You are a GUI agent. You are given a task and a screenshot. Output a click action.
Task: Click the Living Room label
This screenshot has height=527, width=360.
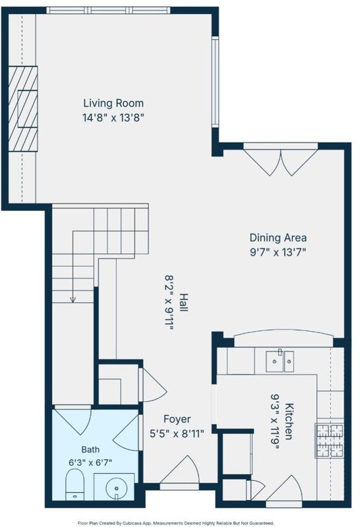113,103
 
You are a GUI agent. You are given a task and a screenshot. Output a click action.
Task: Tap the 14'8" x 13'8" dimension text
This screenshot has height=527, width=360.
113,118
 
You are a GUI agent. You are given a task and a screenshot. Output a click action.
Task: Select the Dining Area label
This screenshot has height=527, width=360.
278,238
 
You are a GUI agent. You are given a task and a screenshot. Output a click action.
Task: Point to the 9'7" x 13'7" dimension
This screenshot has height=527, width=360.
278,252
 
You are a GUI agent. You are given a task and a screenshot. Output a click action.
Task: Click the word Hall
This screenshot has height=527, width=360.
184,302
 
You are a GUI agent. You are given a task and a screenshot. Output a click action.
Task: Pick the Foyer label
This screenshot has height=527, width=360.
177,419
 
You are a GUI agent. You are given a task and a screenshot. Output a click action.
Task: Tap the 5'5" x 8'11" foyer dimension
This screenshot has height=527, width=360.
177,434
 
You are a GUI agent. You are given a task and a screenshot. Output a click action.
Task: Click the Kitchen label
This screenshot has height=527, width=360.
289,421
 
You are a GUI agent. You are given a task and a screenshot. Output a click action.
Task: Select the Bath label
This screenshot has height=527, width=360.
90,449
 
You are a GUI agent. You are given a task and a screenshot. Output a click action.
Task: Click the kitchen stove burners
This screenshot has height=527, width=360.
329,441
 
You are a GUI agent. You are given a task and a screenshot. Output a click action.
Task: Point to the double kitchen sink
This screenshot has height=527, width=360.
280,361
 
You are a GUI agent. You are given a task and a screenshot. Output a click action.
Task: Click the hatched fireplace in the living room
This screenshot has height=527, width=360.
22,109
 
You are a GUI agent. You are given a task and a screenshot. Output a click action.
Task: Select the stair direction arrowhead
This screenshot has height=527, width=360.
73,300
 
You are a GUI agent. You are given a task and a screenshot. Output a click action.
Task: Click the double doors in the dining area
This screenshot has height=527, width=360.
280,161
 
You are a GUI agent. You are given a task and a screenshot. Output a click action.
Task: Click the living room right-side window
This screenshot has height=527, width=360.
216,82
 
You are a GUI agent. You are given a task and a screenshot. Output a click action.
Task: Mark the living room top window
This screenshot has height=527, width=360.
108,11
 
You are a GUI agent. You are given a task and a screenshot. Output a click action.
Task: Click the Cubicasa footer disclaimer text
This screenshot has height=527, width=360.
175,523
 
